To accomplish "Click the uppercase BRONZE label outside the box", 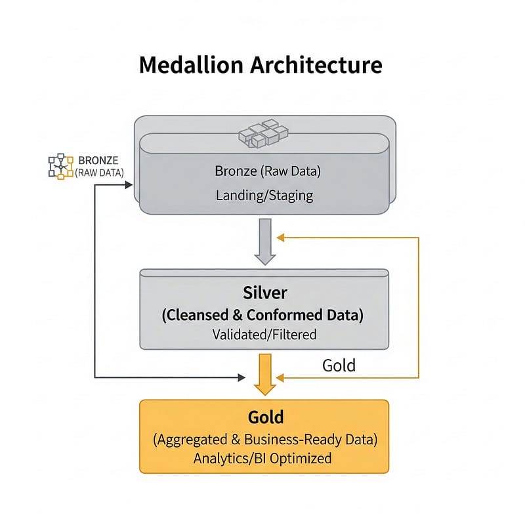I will tap(98, 160).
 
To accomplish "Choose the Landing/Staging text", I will tap(264, 195).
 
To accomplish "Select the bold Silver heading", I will tap(264, 291).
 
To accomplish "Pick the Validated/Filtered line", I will tap(264, 334).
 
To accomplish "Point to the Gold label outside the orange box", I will tap(339, 365).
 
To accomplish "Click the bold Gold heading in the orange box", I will tap(265, 417).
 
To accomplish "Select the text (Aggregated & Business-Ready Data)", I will tap(264, 439).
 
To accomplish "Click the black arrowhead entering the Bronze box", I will tap(129, 184).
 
